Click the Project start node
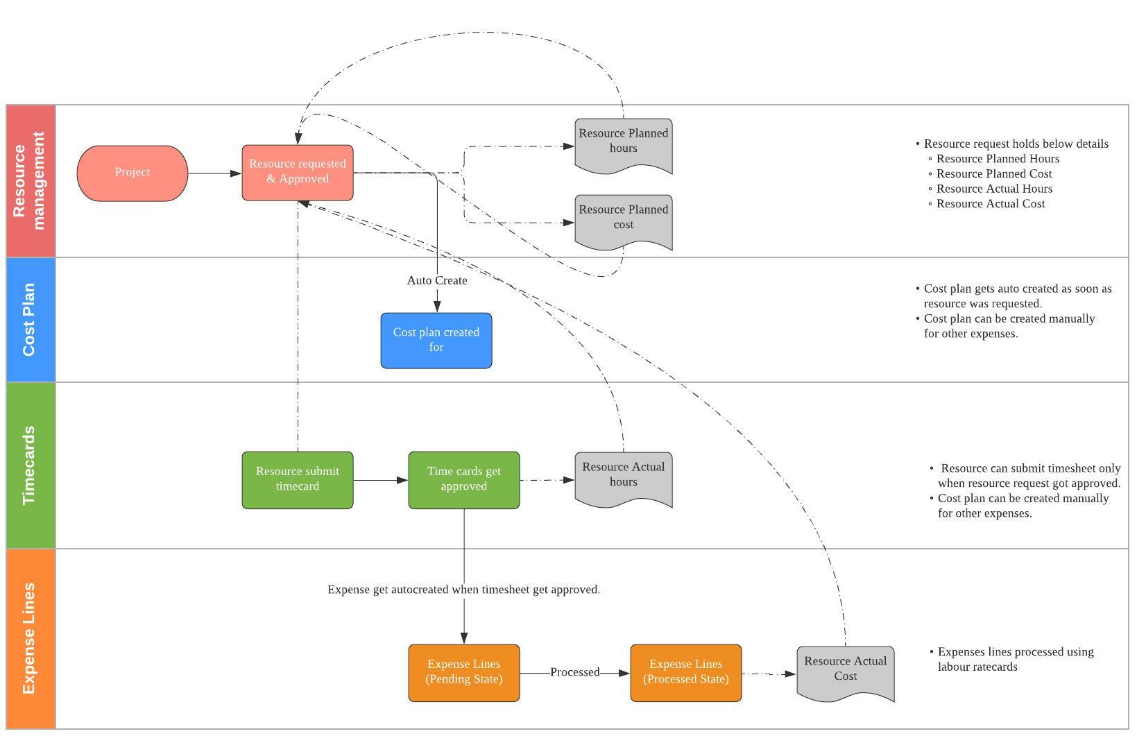point(132,173)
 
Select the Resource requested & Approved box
point(297,173)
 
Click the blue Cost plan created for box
point(436,340)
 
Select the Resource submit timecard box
point(297,479)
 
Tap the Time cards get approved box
point(463,479)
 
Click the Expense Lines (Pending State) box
point(463,672)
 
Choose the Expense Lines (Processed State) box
point(685,672)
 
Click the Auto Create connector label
point(437,280)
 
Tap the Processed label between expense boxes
point(574,672)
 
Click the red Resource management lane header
point(31,180)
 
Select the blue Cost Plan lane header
point(31,319)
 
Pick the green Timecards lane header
point(31,465)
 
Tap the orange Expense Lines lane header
point(31,638)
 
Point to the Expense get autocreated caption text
point(463,590)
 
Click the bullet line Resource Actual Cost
point(990,204)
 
